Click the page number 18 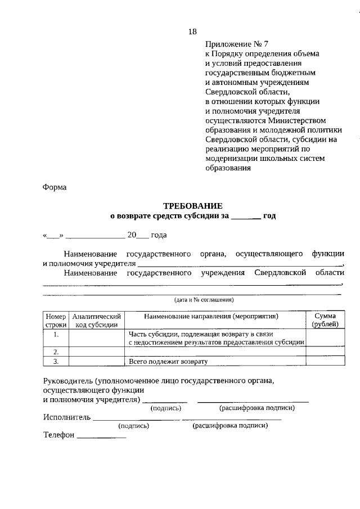pyautogui.click(x=192, y=31)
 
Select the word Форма pyautogui.click(x=55, y=188)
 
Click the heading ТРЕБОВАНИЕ pyautogui.click(x=193, y=206)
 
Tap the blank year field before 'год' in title pyautogui.click(x=245, y=216)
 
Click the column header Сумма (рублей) pyautogui.click(x=325, y=321)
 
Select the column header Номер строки pyautogui.click(x=56, y=321)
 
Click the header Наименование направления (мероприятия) pyautogui.click(x=214, y=317)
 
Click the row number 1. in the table pyautogui.click(x=56, y=334)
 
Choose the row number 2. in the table pyautogui.click(x=56, y=352)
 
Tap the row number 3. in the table pyautogui.click(x=56, y=361)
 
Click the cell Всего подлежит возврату pyautogui.click(x=168, y=361)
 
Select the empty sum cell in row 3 pyautogui.click(x=325, y=361)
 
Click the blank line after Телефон pyautogui.click(x=101, y=436)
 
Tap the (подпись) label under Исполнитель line pyautogui.click(x=134, y=426)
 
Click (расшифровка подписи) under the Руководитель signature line pyautogui.click(x=257, y=408)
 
